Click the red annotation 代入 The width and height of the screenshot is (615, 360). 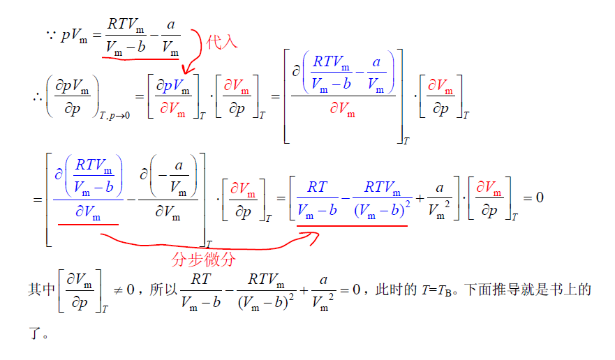pos(223,42)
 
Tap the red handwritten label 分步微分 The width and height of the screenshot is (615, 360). pos(203,260)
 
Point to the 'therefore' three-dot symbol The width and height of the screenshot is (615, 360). pos(37,97)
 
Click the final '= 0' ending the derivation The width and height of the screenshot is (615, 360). pos(534,197)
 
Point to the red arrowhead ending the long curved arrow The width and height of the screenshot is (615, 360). pos(312,237)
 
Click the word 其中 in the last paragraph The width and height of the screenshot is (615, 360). pos(41,290)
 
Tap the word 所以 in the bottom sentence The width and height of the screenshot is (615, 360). pos(162,290)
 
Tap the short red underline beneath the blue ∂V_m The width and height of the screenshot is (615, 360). pos(88,225)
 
